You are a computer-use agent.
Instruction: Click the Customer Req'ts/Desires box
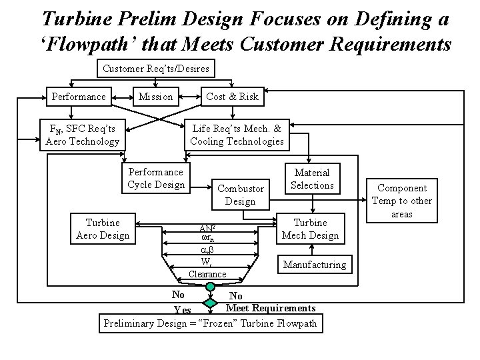coord(156,69)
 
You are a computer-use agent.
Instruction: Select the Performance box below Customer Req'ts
coord(79,97)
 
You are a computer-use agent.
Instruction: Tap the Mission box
coord(155,97)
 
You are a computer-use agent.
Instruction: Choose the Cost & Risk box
coord(232,97)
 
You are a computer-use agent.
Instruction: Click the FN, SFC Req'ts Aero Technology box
coord(82,135)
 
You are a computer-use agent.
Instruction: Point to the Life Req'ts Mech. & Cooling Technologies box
coord(237,135)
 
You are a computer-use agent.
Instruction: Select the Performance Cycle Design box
coord(156,178)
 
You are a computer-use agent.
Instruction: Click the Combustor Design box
coord(240,195)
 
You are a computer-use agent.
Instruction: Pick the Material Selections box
coord(312,179)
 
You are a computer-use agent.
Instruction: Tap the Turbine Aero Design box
coord(103,229)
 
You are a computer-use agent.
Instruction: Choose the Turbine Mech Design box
coord(310,229)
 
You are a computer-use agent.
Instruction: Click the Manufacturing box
coord(315,265)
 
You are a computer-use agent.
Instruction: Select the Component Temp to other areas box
coord(402,201)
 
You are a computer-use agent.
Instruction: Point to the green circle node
coord(210,287)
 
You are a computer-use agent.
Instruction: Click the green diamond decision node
coord(210,303)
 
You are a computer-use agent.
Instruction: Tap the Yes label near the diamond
coord(182,310)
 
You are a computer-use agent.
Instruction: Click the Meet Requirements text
coord(271,307)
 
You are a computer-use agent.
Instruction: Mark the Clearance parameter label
coord(207,274)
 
